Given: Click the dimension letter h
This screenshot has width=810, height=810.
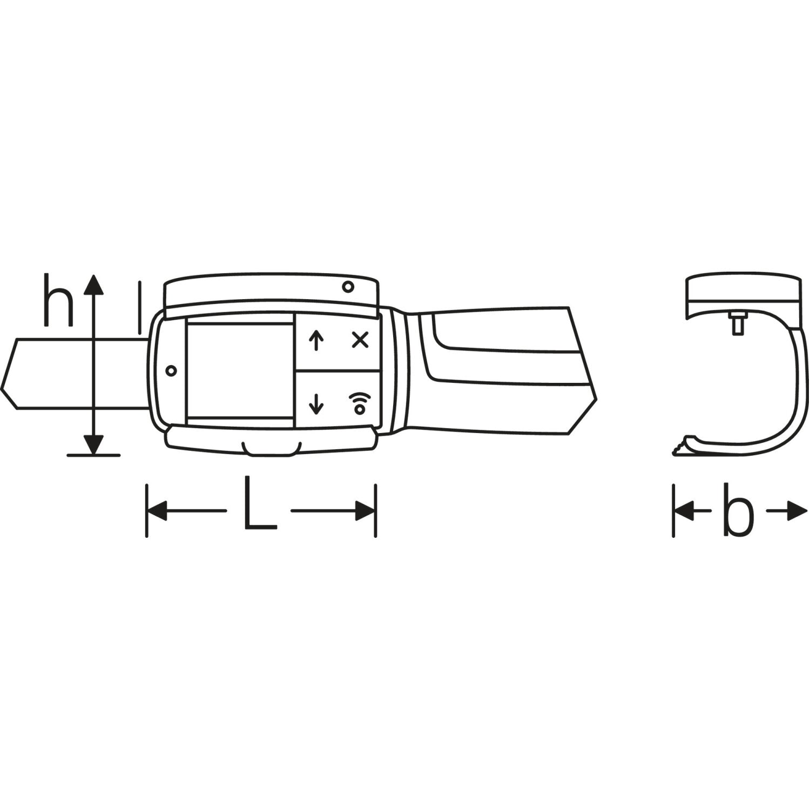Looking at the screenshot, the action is (x=58, y=300).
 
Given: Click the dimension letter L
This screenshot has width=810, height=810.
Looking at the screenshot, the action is (x=260, y=502).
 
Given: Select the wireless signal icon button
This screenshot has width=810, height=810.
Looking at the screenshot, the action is (x=359, y=403).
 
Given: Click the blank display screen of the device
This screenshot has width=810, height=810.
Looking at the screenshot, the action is (x=240, y=370).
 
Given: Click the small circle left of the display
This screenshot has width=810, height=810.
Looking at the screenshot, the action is (x=172, y=370).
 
